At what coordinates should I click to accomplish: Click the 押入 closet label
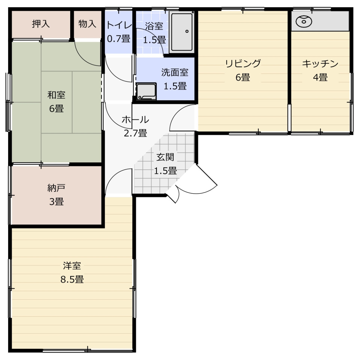pyautogui.click(x=41, y=24)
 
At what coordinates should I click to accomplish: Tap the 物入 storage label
pyautogui.click(x=87, y=24)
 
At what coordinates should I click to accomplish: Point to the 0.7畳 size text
pyautogui.click(x=118, y=39)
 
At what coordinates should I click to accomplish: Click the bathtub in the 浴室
pyautogui.click(x=182, y=32)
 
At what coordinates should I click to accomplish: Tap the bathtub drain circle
pyautogui.click(x=187, y=31)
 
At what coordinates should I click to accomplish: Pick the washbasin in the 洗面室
pyautogui.click(x=146, y=91)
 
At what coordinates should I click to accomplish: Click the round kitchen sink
pyautogui.click(x=304, y=21)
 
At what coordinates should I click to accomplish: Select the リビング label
pyautogui.click(x=243, y=63)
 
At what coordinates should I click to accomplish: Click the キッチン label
pyautogui.click(x=320, y=64)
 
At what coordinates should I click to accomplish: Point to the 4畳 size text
pyautogui.click(x=320, y=77)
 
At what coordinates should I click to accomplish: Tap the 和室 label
pyautogui.click(x=56, y=95)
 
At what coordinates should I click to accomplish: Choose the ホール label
pyautogui.click(x=135, y=119)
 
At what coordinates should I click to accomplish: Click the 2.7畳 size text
pyautogui.click(x=135, y=133)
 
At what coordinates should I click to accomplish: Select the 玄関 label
pyautogui.click(x=165, y=157)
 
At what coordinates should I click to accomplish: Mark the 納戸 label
pyautogui.click(x=56, y=188)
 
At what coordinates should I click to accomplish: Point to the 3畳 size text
pyautogui.click(x=56, y=201)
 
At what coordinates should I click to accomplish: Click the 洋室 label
pyautogui.click(x=72, y=266)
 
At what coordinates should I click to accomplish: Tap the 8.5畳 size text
pyautogui.click(x=72, y=279)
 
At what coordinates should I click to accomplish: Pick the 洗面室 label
pyautogui.click(x=175, y=73)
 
